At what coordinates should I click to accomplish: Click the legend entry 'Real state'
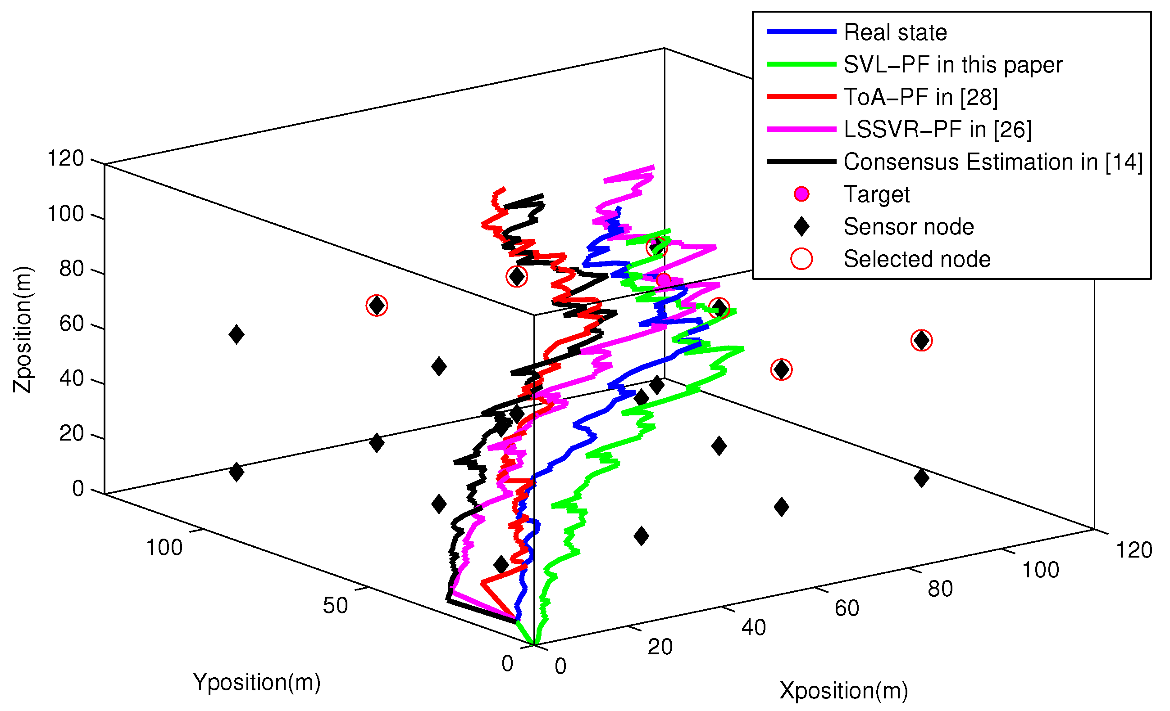point(895,32)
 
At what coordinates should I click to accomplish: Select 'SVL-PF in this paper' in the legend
point(952,64)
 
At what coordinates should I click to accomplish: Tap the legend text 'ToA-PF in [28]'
point(921,97)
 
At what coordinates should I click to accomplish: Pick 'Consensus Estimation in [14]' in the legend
point(993,162)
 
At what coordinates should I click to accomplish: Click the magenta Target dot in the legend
point(801,194)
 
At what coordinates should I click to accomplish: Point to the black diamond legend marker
point(801,227)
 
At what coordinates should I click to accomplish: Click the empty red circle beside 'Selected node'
point(801,259)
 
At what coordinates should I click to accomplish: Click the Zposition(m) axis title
point(23,330)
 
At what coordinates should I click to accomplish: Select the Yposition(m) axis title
point(256,682)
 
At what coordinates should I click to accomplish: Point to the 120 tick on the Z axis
point(65,158)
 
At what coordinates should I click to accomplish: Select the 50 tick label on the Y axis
point(335,606)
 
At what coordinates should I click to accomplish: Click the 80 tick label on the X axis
point(940,589)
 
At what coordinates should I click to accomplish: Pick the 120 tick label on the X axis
point(1134,551)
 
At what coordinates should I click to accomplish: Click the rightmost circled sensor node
point(922,341)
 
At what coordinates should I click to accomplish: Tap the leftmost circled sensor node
point(377,306)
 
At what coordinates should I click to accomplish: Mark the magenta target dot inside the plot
point(663,280)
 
